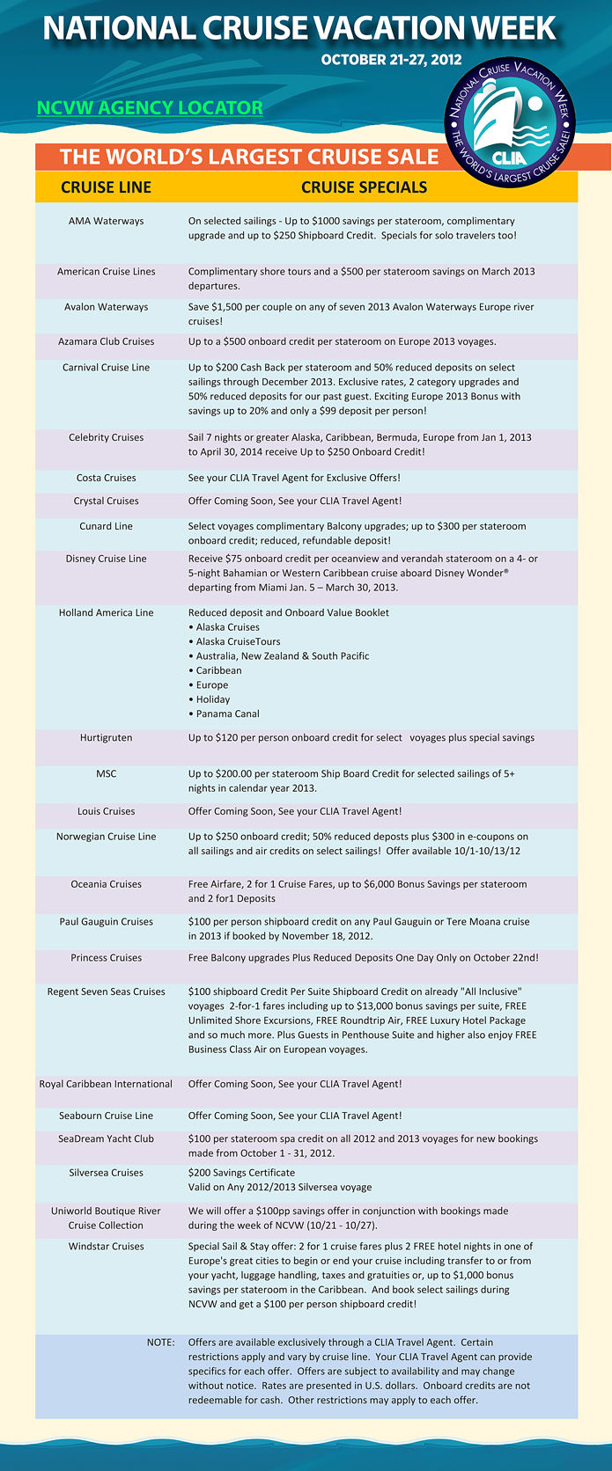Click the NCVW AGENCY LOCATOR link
coord(150,108)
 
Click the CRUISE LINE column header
coord(106,187)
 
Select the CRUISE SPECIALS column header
coord(364,187)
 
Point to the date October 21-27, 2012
coord(391,60)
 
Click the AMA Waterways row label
coord(106,221)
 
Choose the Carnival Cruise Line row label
coord(106,368)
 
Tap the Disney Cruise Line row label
coord(106,559)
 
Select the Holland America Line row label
coord(106,613)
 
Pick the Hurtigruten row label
coord(106,738)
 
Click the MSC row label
coord(106,774)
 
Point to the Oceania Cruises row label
coord(106,884)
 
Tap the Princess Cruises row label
coord(106,958)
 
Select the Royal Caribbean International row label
coord(106,1084)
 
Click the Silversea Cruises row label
coord(106,1173)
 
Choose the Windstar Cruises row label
coord(106,1247)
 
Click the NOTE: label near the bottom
coord(160,1343)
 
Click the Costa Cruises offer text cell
coord(294,478)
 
